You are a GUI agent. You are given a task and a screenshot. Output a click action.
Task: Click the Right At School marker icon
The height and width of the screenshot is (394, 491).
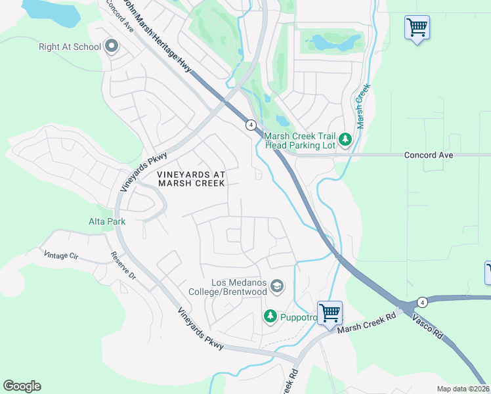pyautogui.click(x=111, y=47)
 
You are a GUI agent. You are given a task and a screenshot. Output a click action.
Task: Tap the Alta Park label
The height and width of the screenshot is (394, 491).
pyautogui.click(x=107, y=222)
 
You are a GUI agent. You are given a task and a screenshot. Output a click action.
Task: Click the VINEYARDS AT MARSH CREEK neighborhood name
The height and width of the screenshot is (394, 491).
pyautogui.click(x=191, y=179)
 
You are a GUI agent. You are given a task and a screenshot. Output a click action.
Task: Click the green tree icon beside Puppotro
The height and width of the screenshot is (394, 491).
pyautogui.click(x=270, y=317)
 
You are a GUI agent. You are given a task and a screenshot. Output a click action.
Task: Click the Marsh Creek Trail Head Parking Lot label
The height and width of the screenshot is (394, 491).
pyautogui.click(x=299, y=141)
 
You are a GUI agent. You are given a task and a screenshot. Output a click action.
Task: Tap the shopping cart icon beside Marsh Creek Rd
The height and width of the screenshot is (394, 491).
pyautogui.click(x=330, y=311)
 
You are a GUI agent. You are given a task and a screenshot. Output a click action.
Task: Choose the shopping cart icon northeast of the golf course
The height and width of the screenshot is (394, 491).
pyautogui.click(x=417, y=28)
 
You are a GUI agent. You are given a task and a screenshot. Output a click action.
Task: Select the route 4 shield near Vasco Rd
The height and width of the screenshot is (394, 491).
pyautogui.click(x=423, y=302)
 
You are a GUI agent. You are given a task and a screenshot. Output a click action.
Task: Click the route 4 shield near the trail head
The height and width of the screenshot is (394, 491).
pyautogui.click(x=250, y=124)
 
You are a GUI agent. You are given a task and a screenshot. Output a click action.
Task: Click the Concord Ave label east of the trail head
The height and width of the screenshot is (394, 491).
pyautogui.click(x=429, y=155)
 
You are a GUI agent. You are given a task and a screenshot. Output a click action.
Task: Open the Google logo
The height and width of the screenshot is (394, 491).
pyautogui.click(x=22, y=386)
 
